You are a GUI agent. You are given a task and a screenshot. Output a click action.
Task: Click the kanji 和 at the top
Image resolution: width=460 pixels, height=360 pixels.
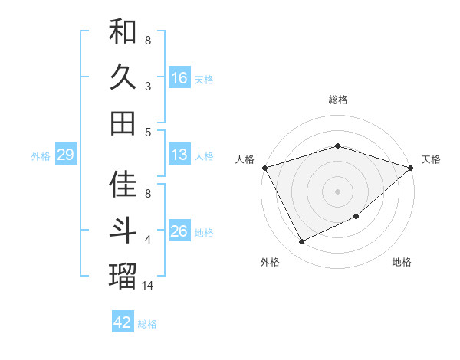coord(123,31)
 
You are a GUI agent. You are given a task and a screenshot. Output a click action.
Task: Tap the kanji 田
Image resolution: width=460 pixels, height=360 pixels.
coord(123,123)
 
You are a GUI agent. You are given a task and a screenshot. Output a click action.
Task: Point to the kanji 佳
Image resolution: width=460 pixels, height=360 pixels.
coord(123,185)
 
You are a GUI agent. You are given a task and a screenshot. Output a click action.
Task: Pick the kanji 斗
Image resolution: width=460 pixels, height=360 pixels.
coord(123,231)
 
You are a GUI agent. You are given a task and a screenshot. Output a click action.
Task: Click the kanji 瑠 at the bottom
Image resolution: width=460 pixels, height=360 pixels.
coord(123,276)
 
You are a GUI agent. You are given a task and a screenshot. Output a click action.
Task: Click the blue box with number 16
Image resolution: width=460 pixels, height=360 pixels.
coord(179,77)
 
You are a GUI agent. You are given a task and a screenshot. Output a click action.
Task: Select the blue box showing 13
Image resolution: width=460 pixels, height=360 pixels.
coord(179,155)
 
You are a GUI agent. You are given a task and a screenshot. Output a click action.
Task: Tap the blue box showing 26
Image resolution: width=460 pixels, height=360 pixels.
coord(179,231)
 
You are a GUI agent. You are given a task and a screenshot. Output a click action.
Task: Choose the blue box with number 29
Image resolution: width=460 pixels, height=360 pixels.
coord(65,155)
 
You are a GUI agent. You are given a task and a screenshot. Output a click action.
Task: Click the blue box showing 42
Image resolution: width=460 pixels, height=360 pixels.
coord(123,322)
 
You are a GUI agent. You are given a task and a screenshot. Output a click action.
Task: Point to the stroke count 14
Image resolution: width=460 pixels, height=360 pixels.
coord(148,286)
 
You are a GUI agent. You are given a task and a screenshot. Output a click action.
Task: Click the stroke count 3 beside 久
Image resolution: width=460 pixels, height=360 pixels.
coord(148,87)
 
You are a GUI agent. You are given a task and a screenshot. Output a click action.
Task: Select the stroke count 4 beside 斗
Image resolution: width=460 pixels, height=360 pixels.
coord(148,240)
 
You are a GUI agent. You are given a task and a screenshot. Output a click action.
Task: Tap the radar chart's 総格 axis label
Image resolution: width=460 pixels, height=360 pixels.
coord(337,100)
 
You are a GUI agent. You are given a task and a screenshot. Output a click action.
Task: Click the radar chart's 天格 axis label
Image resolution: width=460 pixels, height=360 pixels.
coord(431,159)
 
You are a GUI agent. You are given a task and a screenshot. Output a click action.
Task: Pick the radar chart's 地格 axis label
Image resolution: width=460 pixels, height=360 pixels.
coord(402,262)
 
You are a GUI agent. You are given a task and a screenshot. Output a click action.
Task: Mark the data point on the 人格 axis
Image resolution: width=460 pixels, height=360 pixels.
coord(264,167)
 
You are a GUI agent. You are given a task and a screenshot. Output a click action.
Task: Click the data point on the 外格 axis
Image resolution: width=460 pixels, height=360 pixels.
coord(301,242)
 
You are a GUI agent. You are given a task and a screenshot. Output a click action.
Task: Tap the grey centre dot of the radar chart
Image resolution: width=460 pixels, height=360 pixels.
coord(337,191)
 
